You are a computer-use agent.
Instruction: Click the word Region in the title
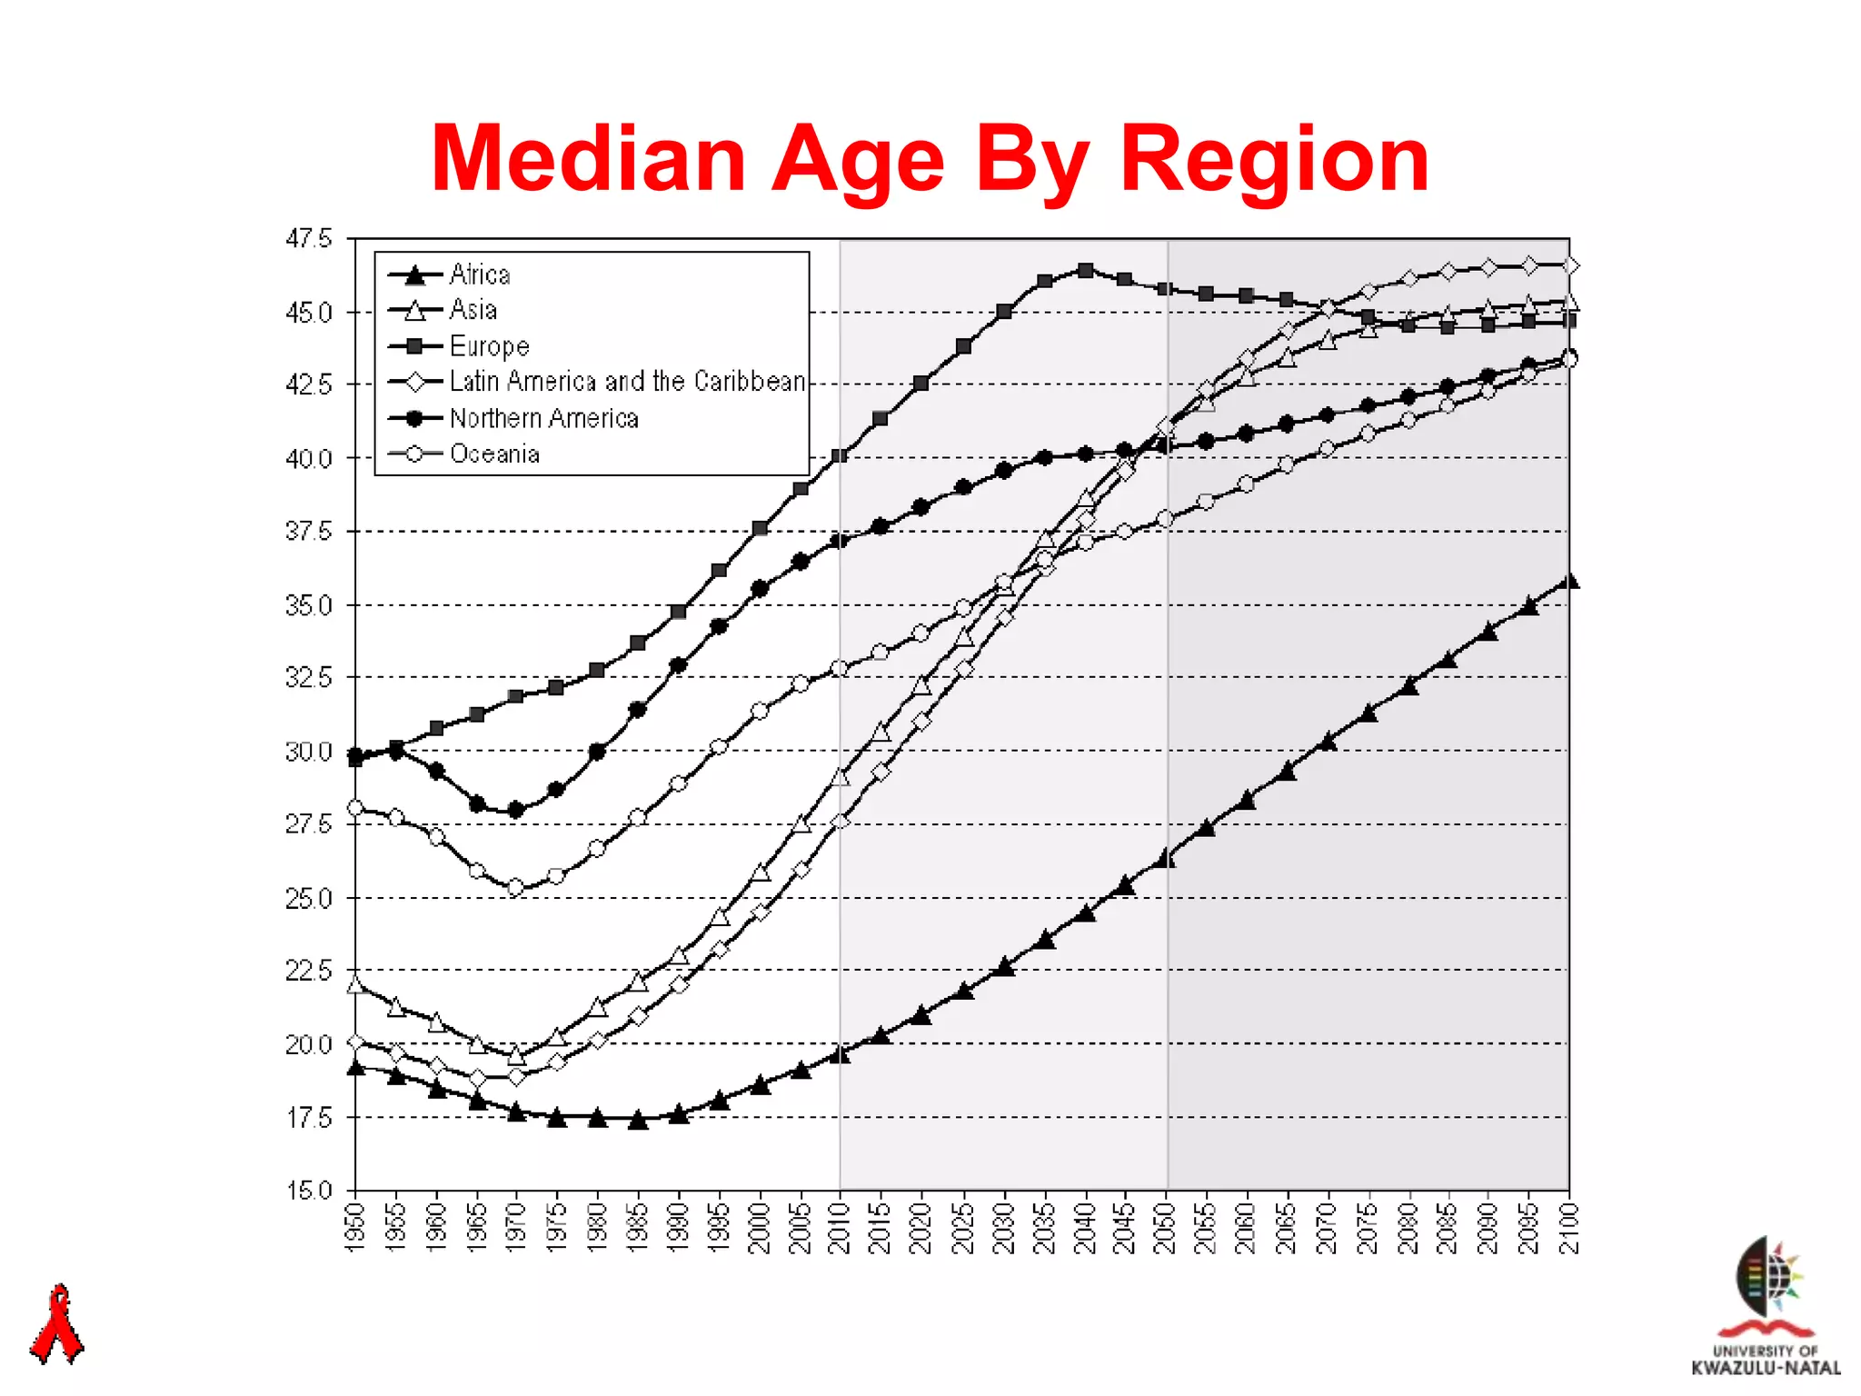(x=1274, y=160)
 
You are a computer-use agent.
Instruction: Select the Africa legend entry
(x=479, y=274)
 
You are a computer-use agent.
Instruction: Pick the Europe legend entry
(x=489, y=346)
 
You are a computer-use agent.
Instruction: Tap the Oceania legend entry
(x=494, y=454)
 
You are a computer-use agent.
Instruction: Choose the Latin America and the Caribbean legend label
(x=627, y=382)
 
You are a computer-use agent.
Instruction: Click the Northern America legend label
(x=543, y=418)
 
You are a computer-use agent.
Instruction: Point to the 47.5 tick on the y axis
(x=309, y=239)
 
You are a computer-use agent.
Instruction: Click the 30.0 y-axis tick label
(x=309, y=752)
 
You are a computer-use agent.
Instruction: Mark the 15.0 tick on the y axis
(x=309, y=1191)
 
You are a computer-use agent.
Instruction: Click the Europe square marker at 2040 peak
(x=1085, y=270)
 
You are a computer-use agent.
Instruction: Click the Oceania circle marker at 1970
(x=516, y=887)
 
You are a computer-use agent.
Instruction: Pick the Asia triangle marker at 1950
(x=355, y=984)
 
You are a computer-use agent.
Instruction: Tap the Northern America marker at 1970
(x=516, y=809)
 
